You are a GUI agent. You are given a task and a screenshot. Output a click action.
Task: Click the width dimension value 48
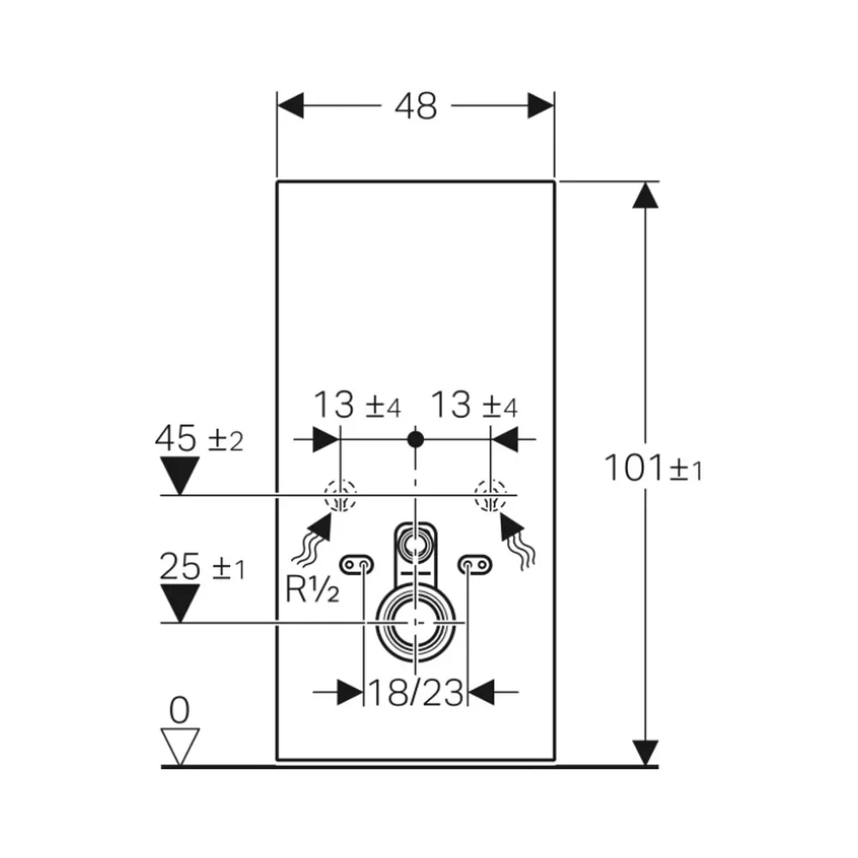416,106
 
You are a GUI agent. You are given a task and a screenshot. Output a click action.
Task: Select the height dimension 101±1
653,468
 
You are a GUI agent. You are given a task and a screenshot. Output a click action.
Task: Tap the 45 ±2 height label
199,438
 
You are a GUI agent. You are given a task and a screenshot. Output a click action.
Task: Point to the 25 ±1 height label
202,566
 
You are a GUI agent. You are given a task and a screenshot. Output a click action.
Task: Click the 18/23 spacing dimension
416,692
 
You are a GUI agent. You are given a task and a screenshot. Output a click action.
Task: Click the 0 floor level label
179,710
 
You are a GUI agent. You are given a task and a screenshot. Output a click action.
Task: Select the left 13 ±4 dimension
357,405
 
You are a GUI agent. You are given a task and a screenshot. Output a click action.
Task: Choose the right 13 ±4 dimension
474,405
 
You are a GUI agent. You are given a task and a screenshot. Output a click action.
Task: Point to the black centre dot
416,438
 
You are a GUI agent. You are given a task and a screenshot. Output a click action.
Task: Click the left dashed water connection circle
341,496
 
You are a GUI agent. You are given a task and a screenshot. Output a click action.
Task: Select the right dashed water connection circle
490,496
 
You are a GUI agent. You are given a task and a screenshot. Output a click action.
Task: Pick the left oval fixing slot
357,565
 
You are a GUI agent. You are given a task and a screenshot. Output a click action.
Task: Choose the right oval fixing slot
475,565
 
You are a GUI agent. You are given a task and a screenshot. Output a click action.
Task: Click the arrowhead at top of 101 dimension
646,195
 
